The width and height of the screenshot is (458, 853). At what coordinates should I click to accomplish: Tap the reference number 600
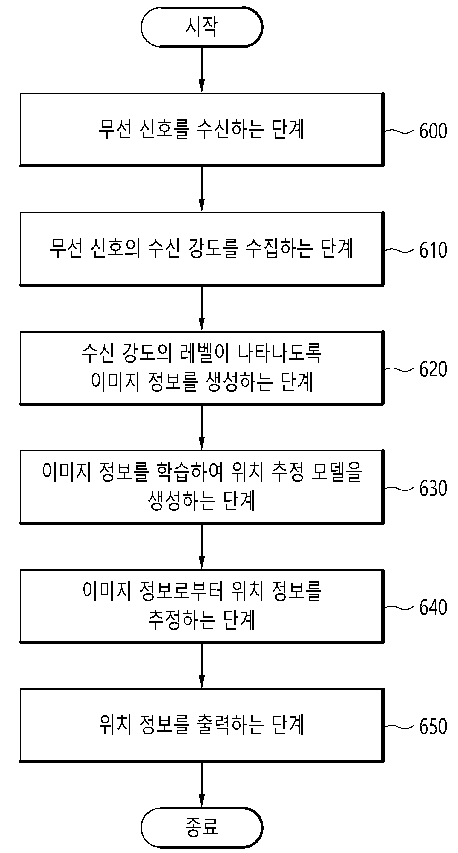tap(433, 131)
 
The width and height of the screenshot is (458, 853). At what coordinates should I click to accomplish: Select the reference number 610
tap(433, 250)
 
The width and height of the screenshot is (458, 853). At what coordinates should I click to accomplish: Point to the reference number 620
tap(433, 369)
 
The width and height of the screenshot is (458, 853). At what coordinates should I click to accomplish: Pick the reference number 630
tap(433, 488)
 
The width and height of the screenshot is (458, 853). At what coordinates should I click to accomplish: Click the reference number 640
tap(433, 607)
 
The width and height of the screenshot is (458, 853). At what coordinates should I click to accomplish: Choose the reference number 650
tap(433, 727)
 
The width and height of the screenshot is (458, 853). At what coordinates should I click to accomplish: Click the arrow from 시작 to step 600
tap(202, 70)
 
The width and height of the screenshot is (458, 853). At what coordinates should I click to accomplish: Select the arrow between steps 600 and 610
tap(202, 189)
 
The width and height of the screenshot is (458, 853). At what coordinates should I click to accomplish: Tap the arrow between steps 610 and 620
tap(202, 308)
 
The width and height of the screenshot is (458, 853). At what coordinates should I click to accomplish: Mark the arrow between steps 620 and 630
tap(202, 427)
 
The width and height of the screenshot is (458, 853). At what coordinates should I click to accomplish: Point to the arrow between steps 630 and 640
tap(202, 546)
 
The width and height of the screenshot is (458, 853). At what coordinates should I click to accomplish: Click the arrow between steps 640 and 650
tap(202, 665)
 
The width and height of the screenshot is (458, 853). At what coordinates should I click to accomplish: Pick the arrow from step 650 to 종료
tap(202, 785)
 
